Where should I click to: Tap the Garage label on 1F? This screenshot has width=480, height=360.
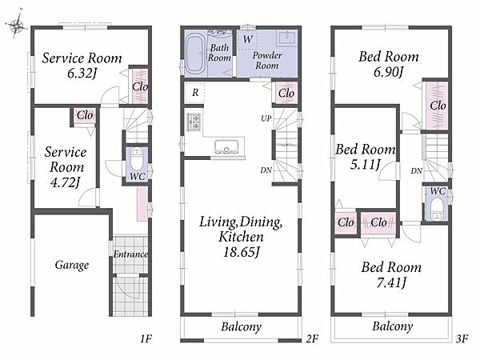[72, 265]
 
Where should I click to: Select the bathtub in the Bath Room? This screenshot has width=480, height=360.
[196, 54]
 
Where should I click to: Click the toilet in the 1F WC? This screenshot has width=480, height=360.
[137, 159]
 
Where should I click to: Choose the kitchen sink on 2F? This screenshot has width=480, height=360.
[226, 147]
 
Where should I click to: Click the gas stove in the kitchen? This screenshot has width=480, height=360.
[194, 122]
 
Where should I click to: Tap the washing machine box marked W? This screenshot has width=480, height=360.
[248, 39]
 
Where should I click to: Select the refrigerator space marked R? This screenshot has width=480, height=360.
[195, 92]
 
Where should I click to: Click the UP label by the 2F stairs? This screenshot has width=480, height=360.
[266, 118]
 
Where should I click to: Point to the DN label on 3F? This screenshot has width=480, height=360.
[416, 171]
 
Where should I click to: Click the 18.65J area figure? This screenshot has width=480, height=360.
[242, 253]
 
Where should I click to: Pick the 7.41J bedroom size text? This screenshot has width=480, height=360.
[391, 282]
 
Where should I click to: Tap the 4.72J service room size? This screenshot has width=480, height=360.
[66, 182]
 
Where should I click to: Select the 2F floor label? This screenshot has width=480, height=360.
[312, 338]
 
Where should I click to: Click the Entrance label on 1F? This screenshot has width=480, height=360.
[130, 254]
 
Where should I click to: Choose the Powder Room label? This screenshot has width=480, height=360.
[267, 60]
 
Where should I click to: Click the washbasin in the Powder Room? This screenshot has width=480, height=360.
[287, 38]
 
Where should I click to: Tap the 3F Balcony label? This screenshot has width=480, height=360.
[393, 326]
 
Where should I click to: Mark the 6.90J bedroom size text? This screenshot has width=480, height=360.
[389, 72]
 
